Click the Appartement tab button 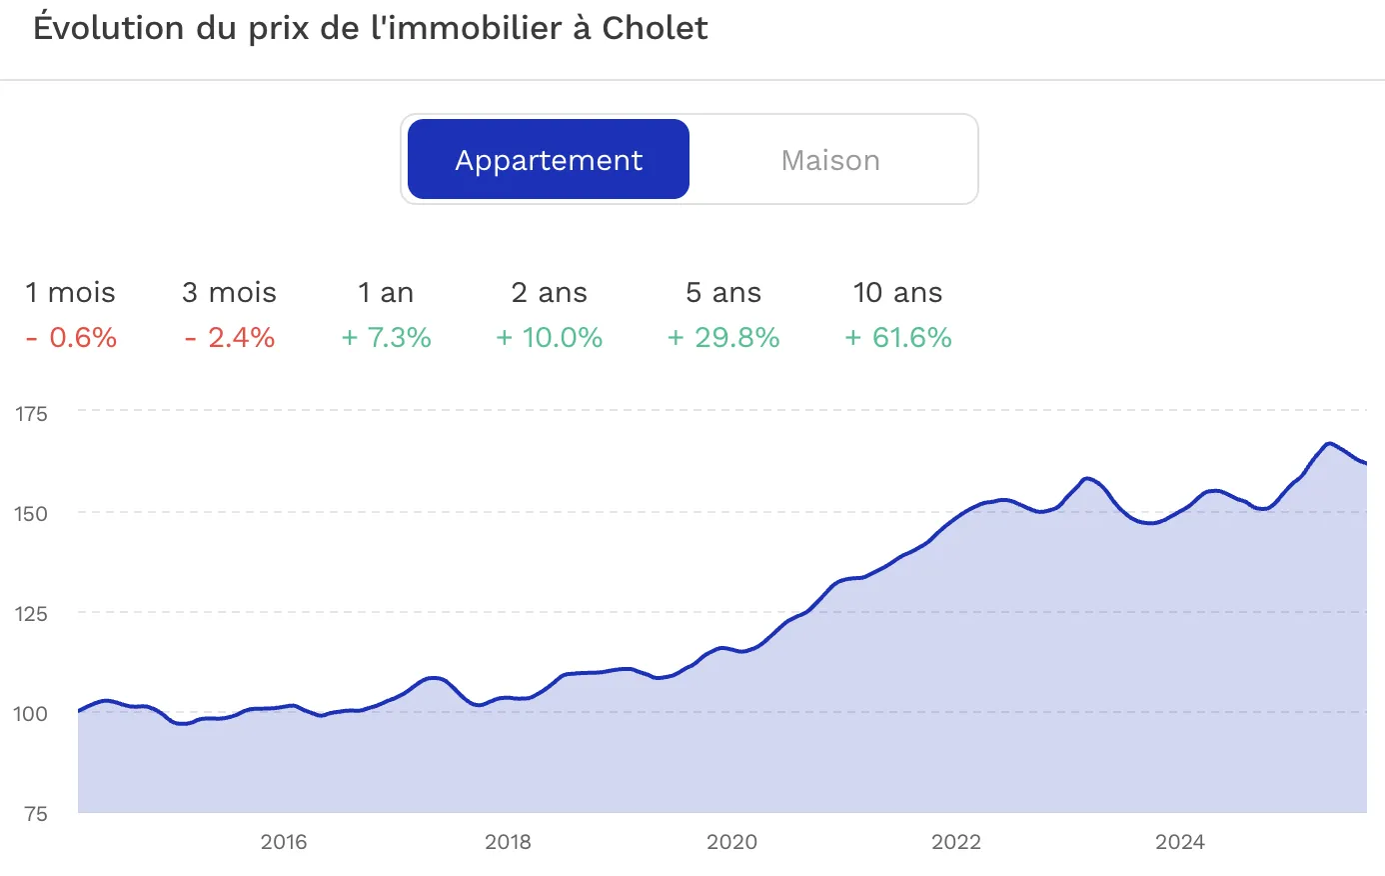549,160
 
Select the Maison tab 830,160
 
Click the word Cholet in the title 655,28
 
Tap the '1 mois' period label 70,293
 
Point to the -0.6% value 71,338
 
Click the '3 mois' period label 229,293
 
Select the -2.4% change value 229,338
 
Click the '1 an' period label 386,293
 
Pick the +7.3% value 386,338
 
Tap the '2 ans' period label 549,293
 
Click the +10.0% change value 549,338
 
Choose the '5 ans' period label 723,293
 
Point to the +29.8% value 723,338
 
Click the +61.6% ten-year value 897,338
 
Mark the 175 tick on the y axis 31,414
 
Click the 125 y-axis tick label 31,614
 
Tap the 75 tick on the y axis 36,814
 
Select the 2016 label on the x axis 284,842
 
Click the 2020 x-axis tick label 731,842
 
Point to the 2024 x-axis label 1180,842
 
